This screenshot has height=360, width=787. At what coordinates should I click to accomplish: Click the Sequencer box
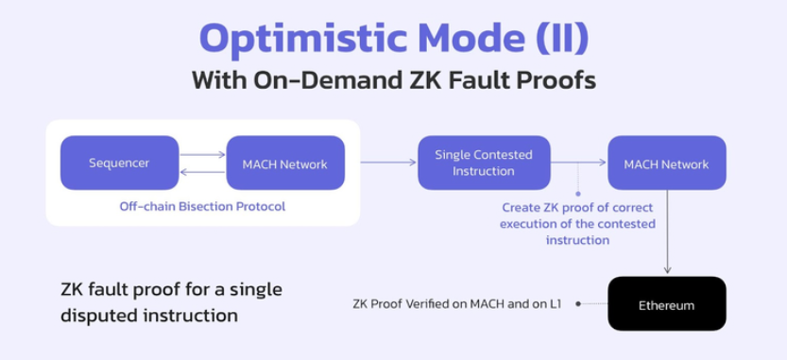[119, 163]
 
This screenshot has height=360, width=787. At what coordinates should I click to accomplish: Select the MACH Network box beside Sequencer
[285, 163]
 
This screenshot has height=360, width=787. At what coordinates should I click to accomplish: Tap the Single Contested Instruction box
[484, 163]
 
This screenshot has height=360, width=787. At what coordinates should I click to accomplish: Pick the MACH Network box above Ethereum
[667, 163]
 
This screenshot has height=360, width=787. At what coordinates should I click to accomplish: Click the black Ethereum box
[667, 303]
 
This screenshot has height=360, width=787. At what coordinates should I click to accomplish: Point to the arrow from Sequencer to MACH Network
[203, 155]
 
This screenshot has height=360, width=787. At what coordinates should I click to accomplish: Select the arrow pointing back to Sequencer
[203, 172]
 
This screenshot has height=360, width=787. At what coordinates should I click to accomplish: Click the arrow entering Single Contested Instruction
[388, 162]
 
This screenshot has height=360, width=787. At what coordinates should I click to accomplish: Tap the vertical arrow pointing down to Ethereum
[668, 231]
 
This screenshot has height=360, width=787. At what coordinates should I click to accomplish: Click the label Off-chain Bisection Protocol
[202, 206]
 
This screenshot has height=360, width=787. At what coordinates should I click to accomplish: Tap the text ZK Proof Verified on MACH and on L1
[456, 303]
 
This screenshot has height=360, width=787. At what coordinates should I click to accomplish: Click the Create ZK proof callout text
[577, 223]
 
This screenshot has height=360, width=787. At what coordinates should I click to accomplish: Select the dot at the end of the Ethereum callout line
[578, 303]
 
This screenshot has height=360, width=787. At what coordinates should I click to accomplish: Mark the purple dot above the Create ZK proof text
[577, 194]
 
